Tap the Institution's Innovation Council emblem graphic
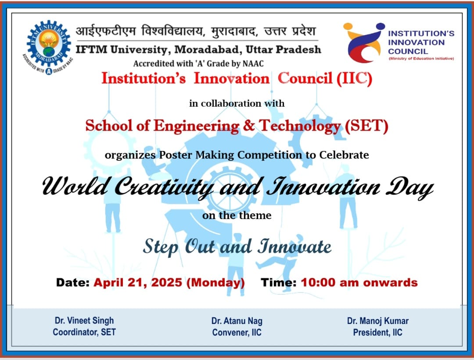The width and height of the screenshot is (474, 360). click(x=364, y=42)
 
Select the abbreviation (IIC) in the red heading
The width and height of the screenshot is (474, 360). click(x=354, y=79)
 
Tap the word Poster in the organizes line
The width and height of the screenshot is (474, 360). click(x=176, y=155)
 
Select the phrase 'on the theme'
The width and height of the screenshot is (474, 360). click(x=237, y=215)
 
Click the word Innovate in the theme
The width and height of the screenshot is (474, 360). click(x=294, y=246)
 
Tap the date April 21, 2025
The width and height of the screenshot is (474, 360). click(x=138, y=282)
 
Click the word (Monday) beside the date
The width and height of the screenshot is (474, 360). click(x=215, y=283)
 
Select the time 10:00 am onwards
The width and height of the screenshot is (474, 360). click(x=359, y=282)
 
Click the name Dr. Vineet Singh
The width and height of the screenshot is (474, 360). click(x=84, y=320)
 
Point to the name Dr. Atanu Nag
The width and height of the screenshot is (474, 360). click(x=237, y=321)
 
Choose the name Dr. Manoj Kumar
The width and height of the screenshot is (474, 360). click(x=378, y=320)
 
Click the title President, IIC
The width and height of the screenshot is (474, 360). click(x=378, y=332)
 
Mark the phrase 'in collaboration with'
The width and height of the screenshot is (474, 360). click(x=237, y=103)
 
